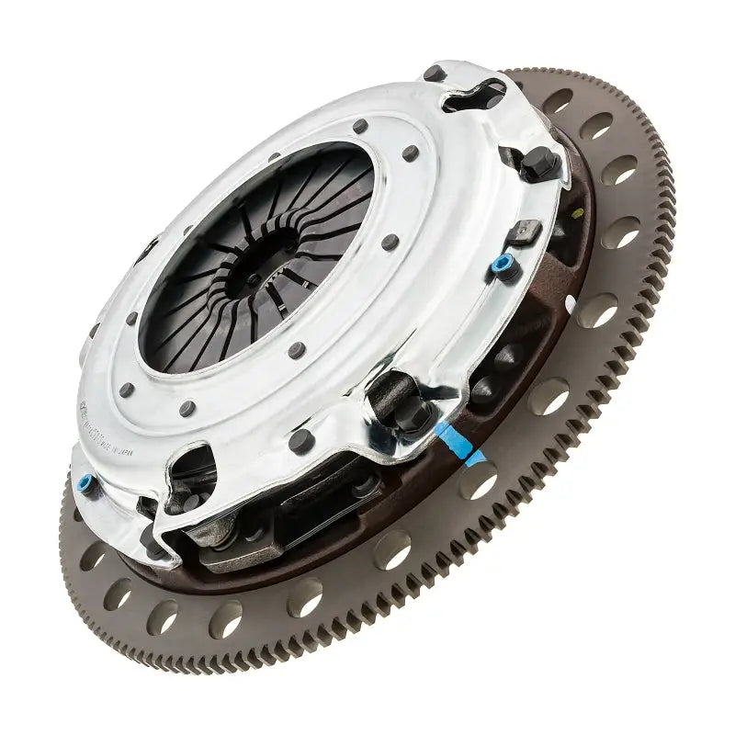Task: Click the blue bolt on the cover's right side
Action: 501,266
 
